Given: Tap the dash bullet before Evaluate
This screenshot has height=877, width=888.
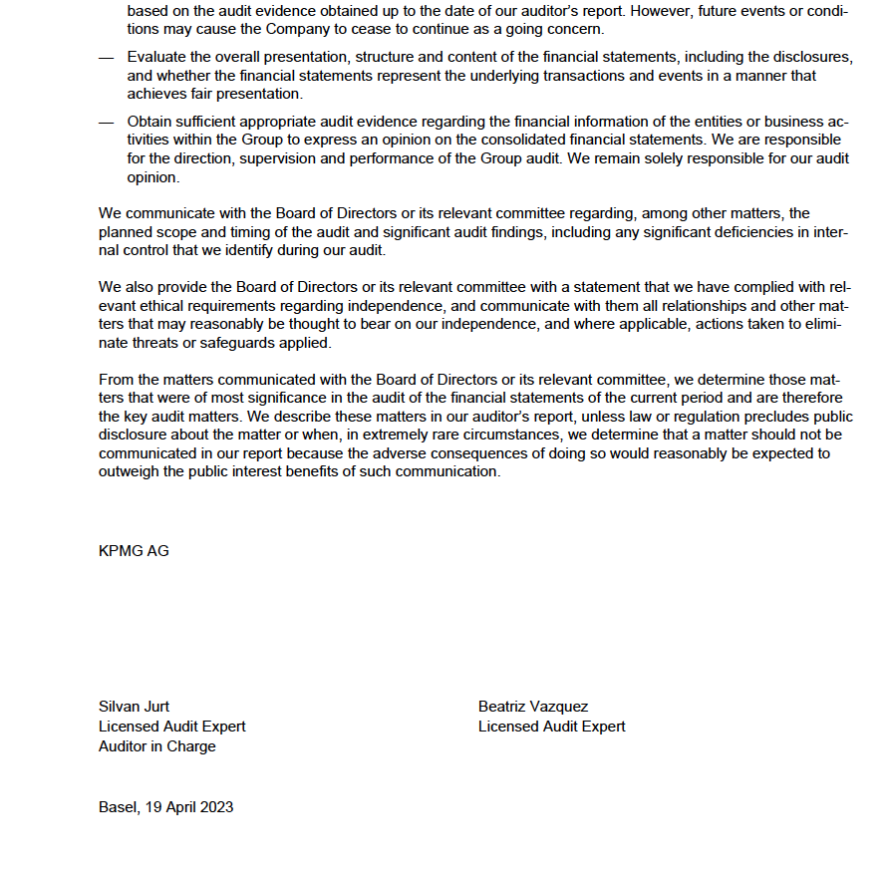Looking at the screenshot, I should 107,58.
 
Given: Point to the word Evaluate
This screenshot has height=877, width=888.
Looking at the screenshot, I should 159,58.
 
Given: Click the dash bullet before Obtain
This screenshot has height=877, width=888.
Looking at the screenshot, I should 107,122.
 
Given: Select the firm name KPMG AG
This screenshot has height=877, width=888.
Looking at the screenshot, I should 134,550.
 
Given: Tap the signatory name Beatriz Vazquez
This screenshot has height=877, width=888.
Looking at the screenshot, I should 533,707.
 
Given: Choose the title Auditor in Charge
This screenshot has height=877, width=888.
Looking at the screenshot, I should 156,745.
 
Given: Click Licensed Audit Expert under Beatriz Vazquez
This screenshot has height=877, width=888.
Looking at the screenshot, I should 551,727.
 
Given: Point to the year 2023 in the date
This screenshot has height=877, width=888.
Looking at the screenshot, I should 214,806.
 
